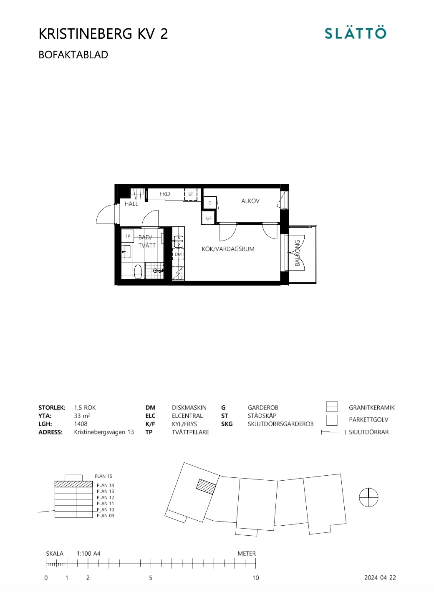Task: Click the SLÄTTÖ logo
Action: (x=356, y=33)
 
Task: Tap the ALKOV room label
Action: (x=250, y=201)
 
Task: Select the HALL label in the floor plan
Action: (x=131, y=204)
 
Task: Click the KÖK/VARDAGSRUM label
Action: (x=228, y=249)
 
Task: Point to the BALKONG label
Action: (x=298, y=253)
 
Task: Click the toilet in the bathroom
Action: (x=138, y=271)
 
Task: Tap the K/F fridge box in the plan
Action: (x=208, y=218)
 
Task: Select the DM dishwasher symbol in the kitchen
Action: (x=178, y=254)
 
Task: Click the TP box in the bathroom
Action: (x=128, y=236)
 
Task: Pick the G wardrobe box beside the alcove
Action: (x=210, y=203)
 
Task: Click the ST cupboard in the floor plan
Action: (x=191, y=194)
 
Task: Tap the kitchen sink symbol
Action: (x=179, y=241)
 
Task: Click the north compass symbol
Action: (x=368, y=497)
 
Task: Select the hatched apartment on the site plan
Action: (x=207, y=487)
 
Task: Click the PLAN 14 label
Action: (x=105, y=485)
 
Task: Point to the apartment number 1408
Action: (x=81, y=424)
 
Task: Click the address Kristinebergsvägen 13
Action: (x=104, y=432)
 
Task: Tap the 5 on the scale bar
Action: (x=151, y=578)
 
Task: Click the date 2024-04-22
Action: (x=380, y=578)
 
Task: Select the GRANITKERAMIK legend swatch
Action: (x=332, y=406)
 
